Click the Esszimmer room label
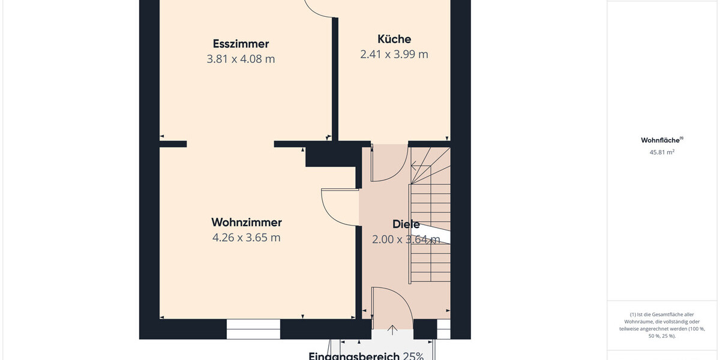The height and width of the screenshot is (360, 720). [241, 44]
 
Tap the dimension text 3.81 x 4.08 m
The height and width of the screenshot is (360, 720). [241, 59]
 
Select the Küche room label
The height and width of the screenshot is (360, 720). [394, 39]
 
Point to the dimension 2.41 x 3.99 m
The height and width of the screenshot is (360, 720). [394, 54]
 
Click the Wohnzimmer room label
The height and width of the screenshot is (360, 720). [247, 223]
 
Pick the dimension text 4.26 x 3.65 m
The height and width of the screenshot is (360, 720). [247, 238]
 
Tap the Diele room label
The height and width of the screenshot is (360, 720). [406, 224]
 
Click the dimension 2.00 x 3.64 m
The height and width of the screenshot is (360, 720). [406, 239]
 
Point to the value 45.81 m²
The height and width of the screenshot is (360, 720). [662, 152]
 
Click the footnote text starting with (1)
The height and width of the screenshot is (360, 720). [662, 325]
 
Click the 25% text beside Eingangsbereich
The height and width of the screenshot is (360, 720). [413, 356]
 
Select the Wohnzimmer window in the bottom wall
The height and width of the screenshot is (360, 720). [253, 329]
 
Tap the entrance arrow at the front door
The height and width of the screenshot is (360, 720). [393, 329]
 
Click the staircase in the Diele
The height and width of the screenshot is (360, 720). [430, 240]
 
